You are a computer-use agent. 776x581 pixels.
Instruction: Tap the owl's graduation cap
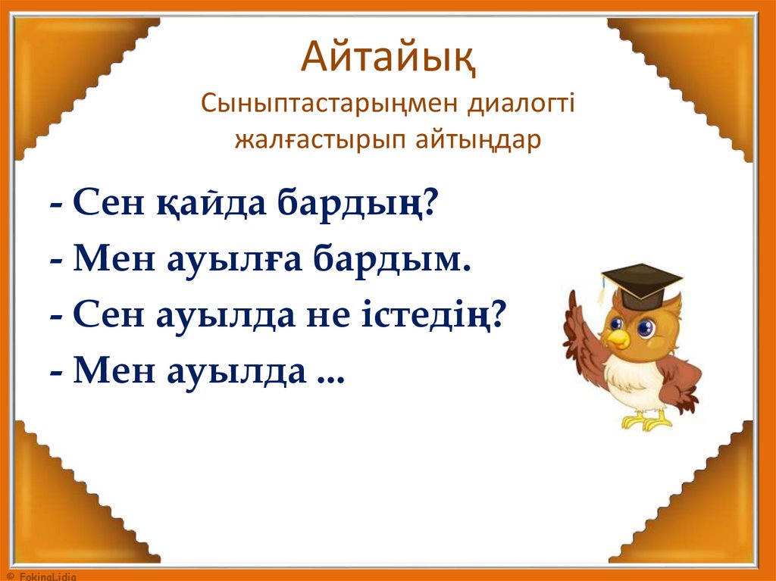(641, 282)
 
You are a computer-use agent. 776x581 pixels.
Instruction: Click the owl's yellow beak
(618, 338)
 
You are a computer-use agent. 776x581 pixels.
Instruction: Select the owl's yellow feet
(645, 420)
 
